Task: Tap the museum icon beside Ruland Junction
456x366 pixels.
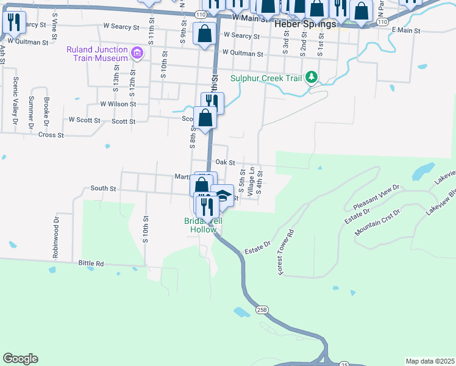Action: point(137,54)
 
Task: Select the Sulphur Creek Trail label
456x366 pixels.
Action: point(266,78)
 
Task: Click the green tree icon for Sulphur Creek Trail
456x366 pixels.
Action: point(312,77)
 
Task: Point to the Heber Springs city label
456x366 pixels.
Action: point(305,25)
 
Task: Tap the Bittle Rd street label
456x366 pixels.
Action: point(91,264)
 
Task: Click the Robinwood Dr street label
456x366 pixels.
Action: point(55,235)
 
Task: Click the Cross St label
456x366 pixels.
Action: point(51,135)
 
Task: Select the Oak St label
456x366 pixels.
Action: point(225,163)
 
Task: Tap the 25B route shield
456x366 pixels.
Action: point(262,310)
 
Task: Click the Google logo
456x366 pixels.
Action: point(20,359)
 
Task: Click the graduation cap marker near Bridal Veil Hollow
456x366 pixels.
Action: point(223,196)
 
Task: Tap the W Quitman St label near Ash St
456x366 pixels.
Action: point(28,42)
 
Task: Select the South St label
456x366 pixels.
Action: point(103,189)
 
